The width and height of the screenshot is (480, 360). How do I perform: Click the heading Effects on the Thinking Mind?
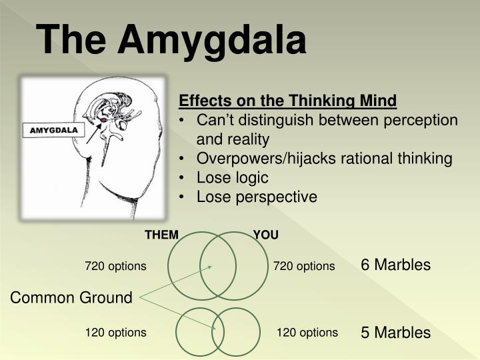(x=287, y=101)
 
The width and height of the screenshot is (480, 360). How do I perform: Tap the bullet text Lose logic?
(x=232, y=178)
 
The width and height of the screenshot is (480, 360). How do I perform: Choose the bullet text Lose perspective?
(x=257, y=197)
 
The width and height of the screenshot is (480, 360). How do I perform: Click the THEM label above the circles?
(x=162, y=235)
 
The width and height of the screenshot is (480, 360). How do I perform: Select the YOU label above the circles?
(x=266, y=235)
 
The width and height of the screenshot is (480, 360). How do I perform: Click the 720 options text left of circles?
(x=115, y=266)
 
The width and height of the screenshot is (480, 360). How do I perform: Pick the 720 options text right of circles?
(x=304, y=266)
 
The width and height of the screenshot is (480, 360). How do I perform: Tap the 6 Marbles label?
(x=395, y=265)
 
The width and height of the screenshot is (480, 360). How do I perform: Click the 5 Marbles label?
(x=395, y=332)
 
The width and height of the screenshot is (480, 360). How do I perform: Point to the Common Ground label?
(x=71, y=298)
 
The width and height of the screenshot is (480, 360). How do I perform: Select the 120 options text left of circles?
(x=115, y=332)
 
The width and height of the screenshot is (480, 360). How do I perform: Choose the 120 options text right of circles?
(x=307, y=332)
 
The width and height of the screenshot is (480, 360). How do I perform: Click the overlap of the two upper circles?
(x=217, y=265)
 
